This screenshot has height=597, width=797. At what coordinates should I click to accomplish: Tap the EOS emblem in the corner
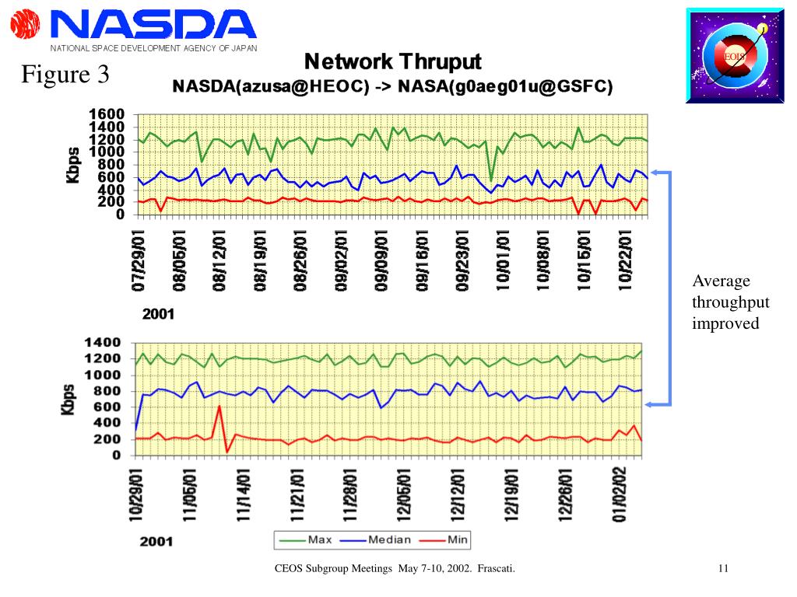[x=734, y=55]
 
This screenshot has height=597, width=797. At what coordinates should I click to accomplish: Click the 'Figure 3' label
[x=65, y=75]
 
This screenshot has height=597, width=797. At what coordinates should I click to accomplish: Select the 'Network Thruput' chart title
[x=392, y=61]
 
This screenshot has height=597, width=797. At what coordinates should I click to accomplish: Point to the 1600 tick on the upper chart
[x=107, y=115]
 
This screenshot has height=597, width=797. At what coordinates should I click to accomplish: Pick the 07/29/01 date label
[x=139, y=260]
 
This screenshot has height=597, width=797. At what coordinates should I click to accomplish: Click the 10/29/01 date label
[x=137, y=494]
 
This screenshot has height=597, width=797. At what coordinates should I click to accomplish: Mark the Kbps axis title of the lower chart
[x=69, y=398]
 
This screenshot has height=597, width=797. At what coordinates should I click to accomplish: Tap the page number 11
[x=723, y=569]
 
